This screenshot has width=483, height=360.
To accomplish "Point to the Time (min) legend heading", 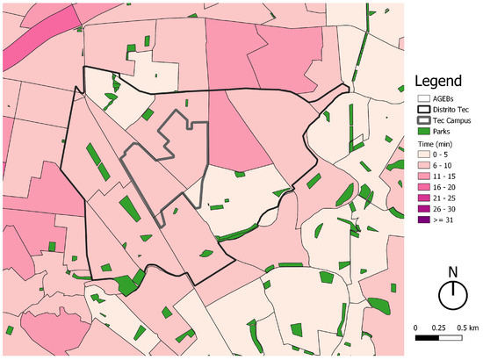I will pos(439,142).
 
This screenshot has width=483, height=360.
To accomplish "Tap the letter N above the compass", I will pos(452,271).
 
